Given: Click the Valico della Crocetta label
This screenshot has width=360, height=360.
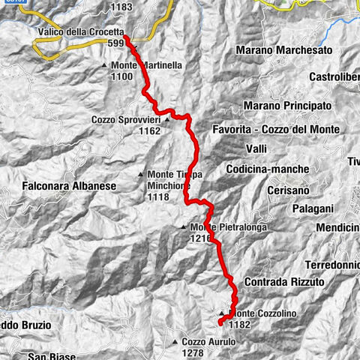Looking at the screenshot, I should point(80,32).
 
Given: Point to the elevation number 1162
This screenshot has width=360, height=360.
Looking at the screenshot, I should point(149,130).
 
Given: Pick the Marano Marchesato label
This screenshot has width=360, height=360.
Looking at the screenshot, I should point(282,50).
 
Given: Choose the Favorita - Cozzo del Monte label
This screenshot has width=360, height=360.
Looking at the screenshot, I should point(276,130).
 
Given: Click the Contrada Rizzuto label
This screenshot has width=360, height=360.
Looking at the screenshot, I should point(284,282).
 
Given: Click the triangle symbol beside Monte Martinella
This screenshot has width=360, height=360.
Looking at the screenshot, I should point(106,66).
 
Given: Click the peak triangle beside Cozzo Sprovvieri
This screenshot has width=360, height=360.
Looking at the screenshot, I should point(167,118).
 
